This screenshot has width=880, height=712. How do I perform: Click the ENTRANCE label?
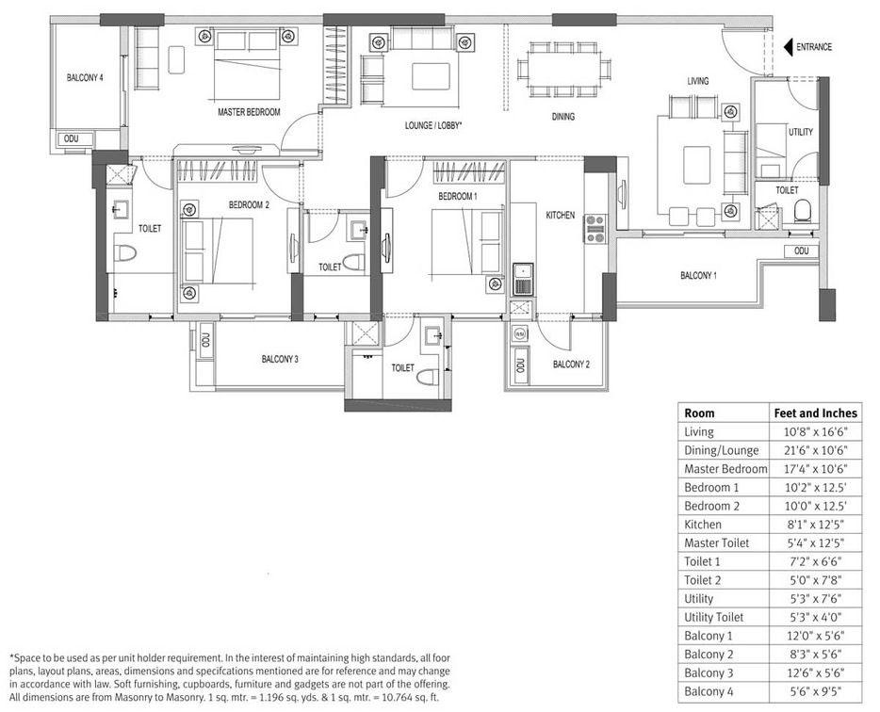click(x=814, y=47)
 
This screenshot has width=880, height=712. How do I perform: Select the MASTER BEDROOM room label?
click(x=249, y=112)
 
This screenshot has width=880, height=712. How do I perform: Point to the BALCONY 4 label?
click(x=85, y=78)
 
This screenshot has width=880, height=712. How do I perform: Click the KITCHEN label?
click(x=561, y=216)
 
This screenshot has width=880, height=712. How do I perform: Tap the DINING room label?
click(x=563, y=117)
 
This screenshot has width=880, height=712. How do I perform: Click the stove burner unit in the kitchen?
click(x=595, y=229)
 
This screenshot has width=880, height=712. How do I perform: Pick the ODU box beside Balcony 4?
click(x=71, y=138)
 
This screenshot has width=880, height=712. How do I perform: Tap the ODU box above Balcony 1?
click(x=801, y=251)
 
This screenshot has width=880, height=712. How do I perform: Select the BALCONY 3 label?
click(x=280, y=359)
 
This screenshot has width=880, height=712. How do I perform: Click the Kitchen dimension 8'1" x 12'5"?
click(x=815, y=525)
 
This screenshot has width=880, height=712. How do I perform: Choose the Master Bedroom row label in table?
click(x=725, y=469)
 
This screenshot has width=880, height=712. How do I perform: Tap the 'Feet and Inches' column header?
click(x=815, y=413)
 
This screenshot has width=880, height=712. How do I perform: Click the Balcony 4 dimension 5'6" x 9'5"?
click(x=815, y=692)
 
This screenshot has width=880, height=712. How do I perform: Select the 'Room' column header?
click(x=699, y=413)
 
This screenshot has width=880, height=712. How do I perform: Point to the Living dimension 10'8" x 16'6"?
click(x=815, y=431)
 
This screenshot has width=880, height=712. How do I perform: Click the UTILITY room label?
click(x=801, y=133)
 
